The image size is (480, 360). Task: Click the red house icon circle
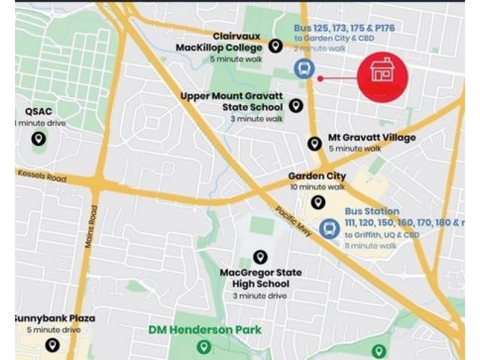382,76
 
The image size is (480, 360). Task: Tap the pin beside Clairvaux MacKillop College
275,46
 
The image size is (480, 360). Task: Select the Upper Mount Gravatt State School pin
296,106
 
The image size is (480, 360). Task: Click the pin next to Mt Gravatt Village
314,143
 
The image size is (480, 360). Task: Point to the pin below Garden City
318,202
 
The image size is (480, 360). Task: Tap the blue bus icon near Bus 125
304,68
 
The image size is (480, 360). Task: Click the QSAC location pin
38,139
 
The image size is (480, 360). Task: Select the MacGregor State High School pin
260,257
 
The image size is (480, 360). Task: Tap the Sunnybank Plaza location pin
53,345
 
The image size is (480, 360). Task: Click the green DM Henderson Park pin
205,347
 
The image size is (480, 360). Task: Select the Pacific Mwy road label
293,221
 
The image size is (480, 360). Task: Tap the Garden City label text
317,176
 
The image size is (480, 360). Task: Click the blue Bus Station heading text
371,211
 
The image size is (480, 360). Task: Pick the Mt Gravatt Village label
371,138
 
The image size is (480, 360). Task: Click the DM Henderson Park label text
206,329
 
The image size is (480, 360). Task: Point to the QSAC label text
39,112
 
